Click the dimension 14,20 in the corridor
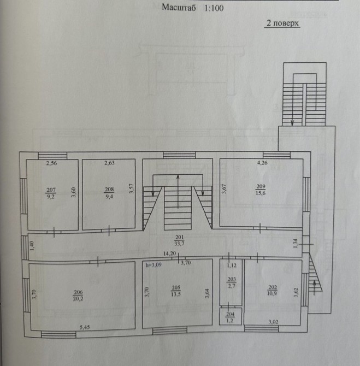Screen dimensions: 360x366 [169, 253]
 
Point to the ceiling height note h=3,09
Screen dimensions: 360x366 [154, 265]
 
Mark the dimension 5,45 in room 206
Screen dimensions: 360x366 [85, 327]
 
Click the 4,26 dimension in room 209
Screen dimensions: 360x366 [262, 163]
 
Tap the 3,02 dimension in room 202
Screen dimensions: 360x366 [273, 322]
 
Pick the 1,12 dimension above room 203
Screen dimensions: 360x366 [232, 265]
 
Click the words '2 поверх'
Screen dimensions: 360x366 [282, 23]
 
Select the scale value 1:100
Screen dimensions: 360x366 [214, 8]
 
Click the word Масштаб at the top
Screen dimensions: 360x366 [179, 8]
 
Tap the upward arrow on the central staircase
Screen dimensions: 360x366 [178, 191]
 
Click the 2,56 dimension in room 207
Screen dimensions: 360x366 [51, 163]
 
